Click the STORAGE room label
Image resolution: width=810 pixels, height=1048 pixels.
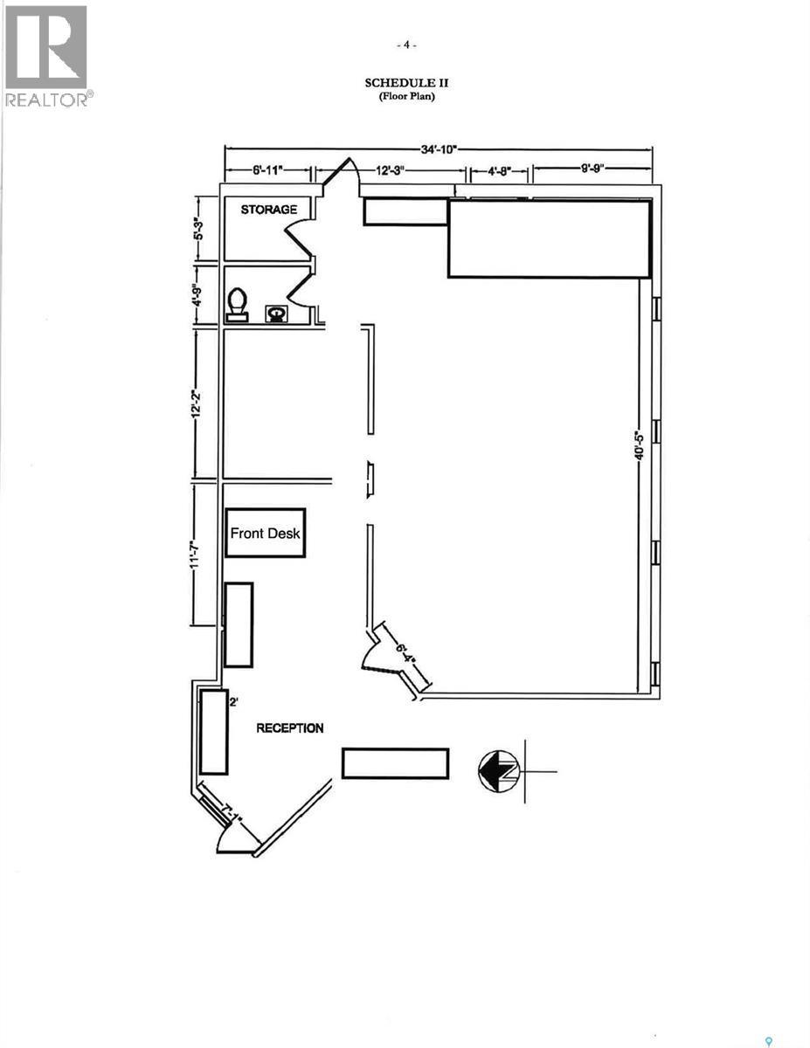269,210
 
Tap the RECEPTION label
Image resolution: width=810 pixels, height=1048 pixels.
290,727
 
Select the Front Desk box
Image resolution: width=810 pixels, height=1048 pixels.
266,533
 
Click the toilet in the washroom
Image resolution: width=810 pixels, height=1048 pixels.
237,305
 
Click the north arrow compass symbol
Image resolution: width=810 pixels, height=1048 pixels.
499,771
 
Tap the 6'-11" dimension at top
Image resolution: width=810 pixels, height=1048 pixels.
268,171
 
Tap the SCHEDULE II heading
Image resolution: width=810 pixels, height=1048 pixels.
406,82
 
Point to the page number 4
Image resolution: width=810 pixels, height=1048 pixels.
406,45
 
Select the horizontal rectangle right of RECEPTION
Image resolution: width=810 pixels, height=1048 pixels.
395,763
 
